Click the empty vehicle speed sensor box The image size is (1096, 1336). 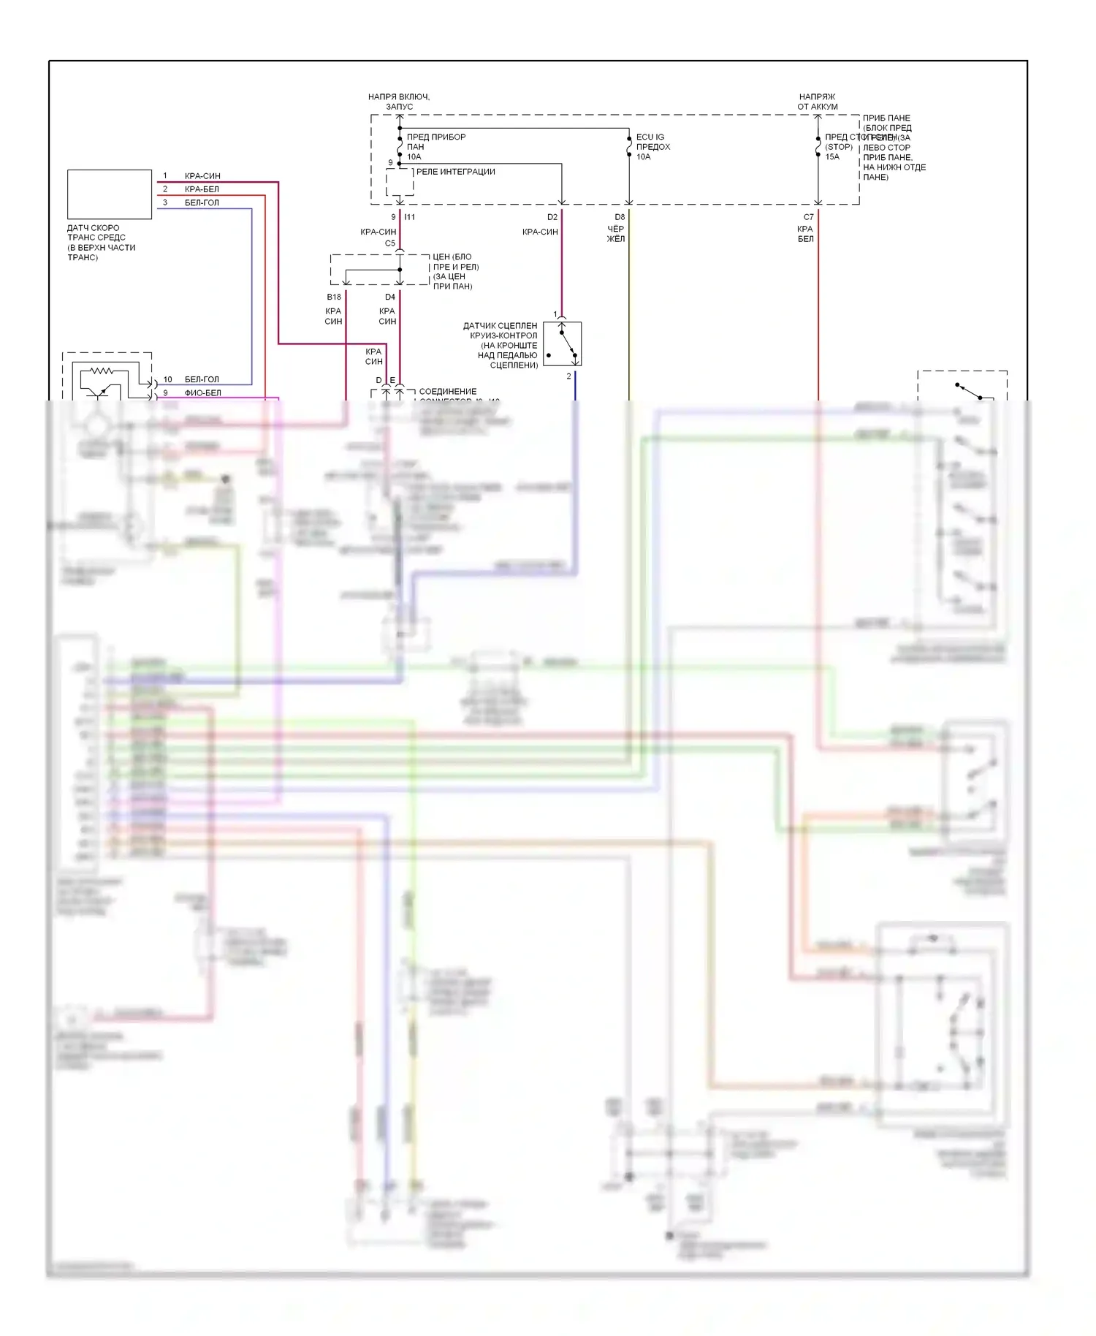pos(110,194)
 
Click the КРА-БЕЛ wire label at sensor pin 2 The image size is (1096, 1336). pos(202,189)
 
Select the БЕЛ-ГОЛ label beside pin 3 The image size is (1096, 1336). pos(202,202)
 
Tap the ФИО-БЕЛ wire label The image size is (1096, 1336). pos(202,392)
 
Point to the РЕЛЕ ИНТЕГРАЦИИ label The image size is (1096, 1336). pos(455,172)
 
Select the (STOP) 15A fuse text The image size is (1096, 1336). pos(838,151)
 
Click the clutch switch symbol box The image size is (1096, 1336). pos(562,344)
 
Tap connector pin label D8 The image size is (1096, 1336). pos(620,217)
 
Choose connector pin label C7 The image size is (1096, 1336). pos(808,217)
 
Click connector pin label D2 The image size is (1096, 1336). pos(552,217)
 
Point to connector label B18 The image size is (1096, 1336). pos(334,297)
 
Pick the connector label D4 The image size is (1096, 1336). pos(390,297)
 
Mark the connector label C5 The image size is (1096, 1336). pos(390,243)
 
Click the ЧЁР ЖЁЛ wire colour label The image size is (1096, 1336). pos(616,234)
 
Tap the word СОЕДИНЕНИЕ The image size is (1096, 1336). pos(447,392)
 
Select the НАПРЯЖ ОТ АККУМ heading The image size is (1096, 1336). pos(817,102)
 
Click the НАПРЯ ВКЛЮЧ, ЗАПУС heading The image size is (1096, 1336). pos(399,102)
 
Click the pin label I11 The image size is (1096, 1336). pos(410,217)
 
